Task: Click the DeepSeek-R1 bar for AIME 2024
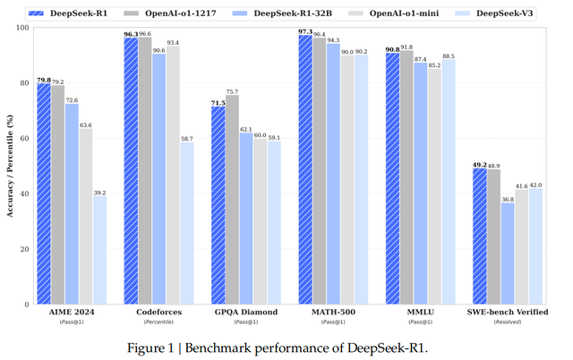click(x=44, y=193)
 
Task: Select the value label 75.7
click(x=232, y=91)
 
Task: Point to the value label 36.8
click(x=508, y=199)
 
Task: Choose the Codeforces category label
click(x=158, y=312)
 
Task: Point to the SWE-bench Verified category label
click(x=508, y=312)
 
